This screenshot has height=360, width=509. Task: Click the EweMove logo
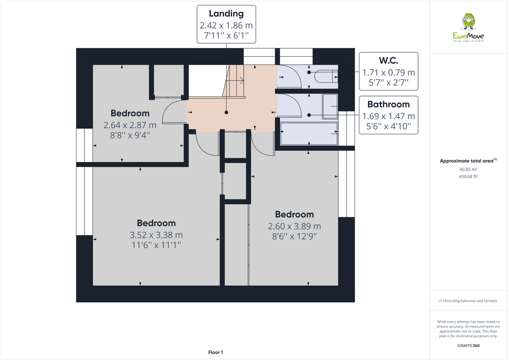tap(468, 28)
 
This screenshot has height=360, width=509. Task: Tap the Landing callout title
tap(226, 13)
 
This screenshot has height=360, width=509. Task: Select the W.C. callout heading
tap(388, 61)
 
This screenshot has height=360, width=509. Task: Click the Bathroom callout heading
tap(388, 104)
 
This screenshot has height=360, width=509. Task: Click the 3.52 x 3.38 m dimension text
tap(156, 235)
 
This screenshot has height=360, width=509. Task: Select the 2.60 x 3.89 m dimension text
tap(294, 226)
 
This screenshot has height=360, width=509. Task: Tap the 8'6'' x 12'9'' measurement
tap(294, 237)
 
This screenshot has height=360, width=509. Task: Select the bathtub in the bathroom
tap(309, 133)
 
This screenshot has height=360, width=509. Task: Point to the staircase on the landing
tap(235, 82)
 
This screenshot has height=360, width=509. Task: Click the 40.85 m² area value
tap(468, 169)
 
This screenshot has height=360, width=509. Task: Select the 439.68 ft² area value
tap(468, 177)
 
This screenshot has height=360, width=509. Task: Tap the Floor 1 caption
tap(215, 352)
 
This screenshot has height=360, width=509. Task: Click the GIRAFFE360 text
tap(468, 346)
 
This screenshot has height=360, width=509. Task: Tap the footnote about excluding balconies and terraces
tap(468, 301)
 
